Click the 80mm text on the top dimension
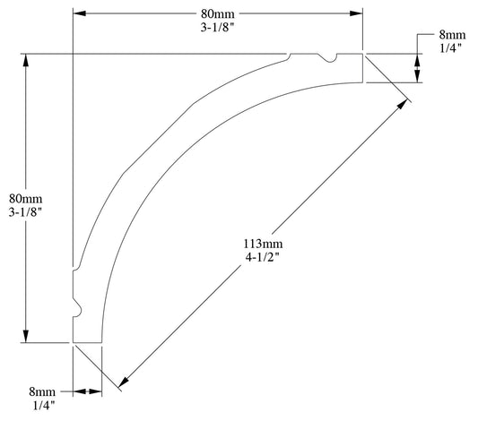click(218, 13)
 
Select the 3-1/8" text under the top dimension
click(218, 27)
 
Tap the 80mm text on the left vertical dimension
click(25, 198)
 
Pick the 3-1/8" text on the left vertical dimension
click(25, 212)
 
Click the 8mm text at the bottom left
click(42, 391)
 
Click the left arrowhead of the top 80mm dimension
click(78, 13)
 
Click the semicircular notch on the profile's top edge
click(331, 59)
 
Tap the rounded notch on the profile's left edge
click(76, 309)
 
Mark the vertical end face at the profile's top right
click(362, 68)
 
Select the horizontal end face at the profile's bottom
click(87, 342)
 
